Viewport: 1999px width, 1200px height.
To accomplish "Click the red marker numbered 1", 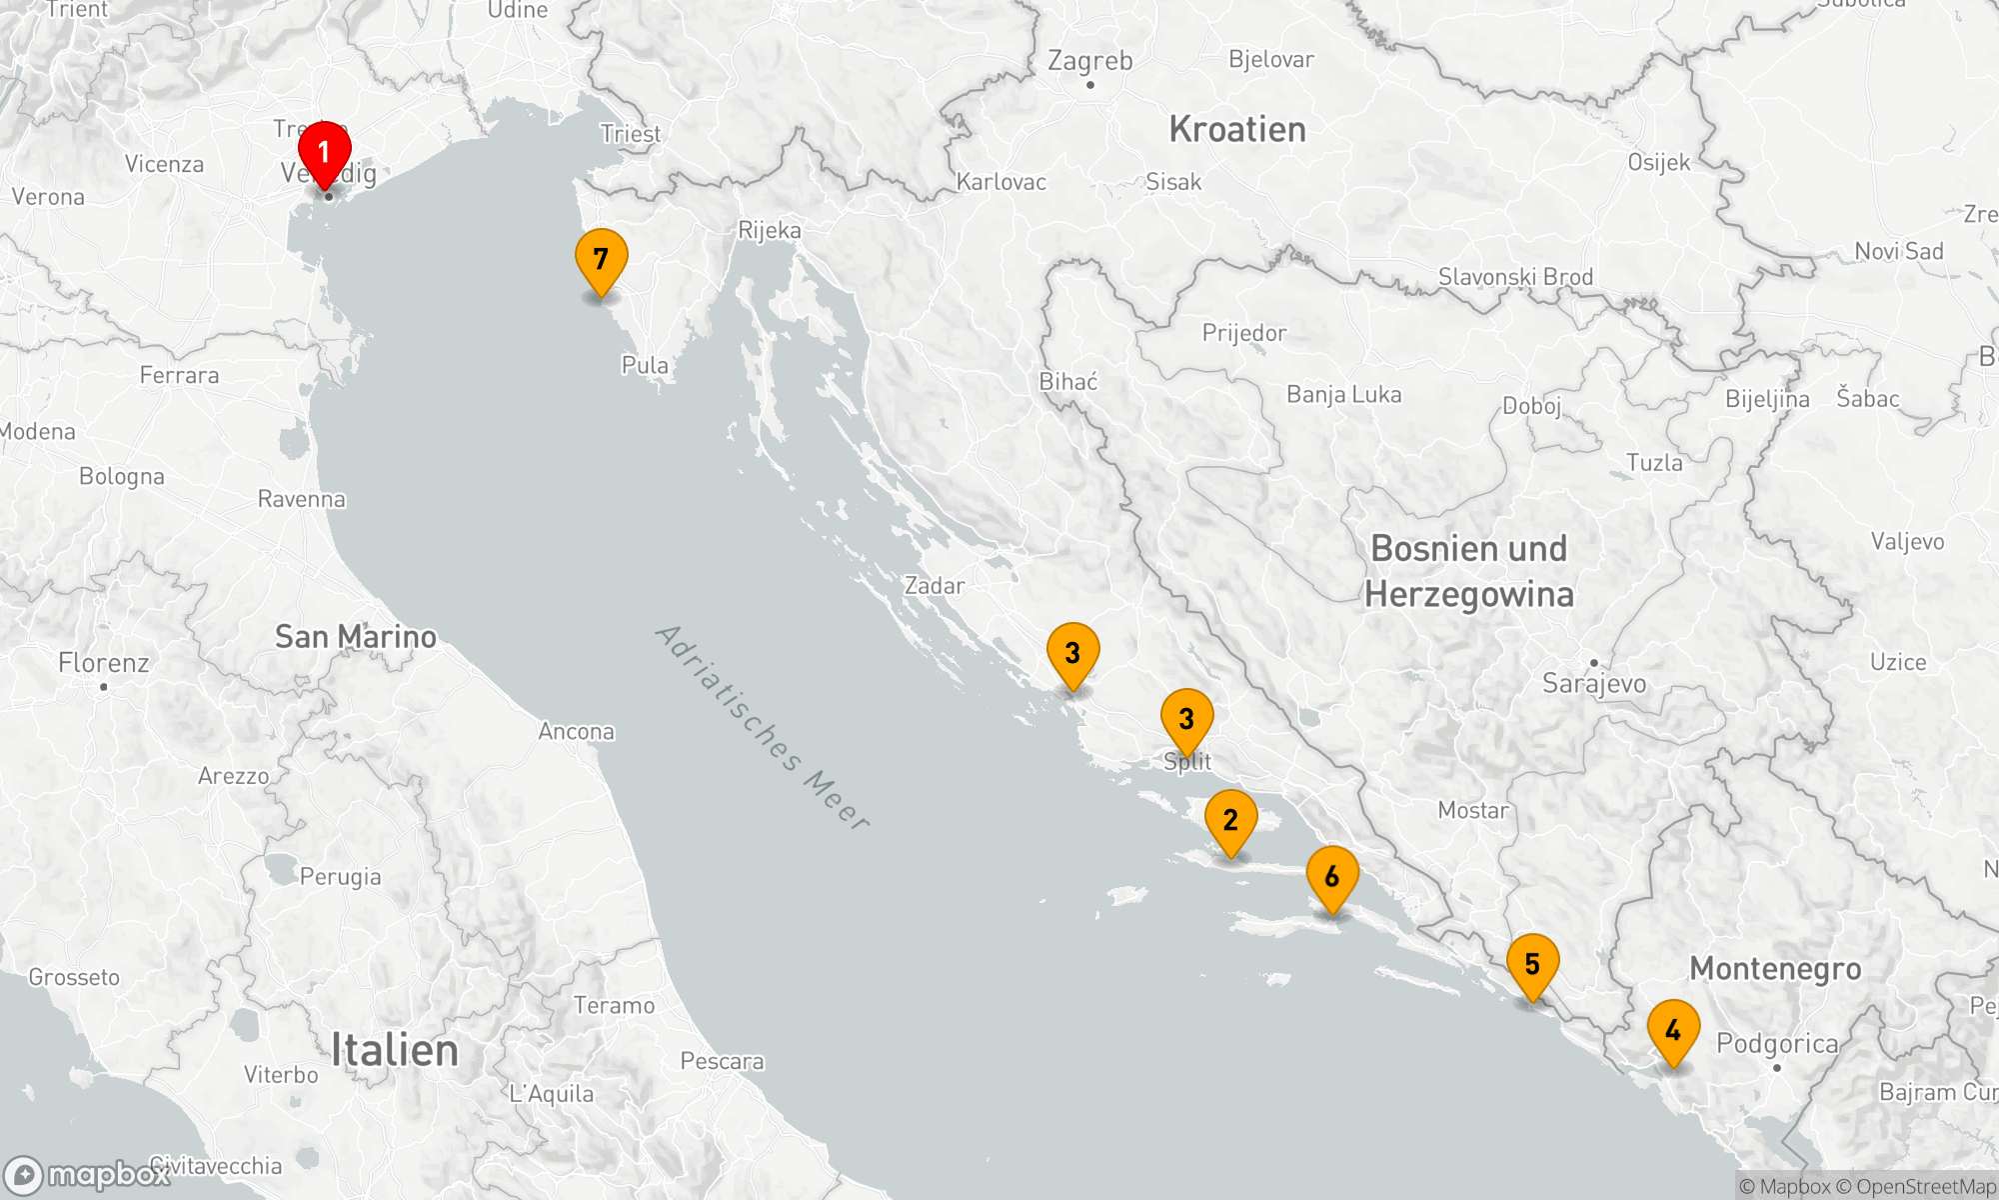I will click(x=324, y=153).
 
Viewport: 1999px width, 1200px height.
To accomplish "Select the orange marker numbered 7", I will click(x=601, y=260).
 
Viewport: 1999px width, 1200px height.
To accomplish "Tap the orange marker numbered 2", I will click(x=1230, y=821).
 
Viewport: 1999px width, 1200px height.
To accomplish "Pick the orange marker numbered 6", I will click(x=1332, y=877).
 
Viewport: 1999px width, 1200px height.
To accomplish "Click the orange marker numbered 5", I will click(x=1532, y=965).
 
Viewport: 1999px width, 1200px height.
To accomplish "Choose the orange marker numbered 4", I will click(x=1673, y=1031).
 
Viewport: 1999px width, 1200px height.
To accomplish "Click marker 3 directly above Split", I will click(x=1186, y=719).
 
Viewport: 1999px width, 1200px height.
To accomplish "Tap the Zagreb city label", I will click(x=1089, y=61).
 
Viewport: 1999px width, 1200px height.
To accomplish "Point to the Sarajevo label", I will click(x=1594, y=684).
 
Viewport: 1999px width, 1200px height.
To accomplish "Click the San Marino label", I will click(x=356, y=637).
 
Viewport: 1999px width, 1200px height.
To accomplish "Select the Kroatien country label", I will click(x=1237, y=130).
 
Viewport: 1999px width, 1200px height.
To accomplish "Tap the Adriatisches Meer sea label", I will click(x=763, y=727).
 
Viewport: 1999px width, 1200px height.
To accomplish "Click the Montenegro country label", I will click(x=1775, y=969).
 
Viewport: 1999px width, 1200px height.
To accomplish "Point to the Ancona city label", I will click(x=577, y=732).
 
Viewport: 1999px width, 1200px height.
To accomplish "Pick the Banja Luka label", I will click(x=1343, y=395).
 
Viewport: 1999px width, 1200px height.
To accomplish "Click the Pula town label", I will click(x=645, y=366).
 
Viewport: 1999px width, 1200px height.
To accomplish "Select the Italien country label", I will click(x=395, y=1051).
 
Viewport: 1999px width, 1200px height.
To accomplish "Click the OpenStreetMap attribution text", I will click(x=1926, y=1187).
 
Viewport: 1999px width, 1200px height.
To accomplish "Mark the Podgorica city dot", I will click(x=1777, y=1068).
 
